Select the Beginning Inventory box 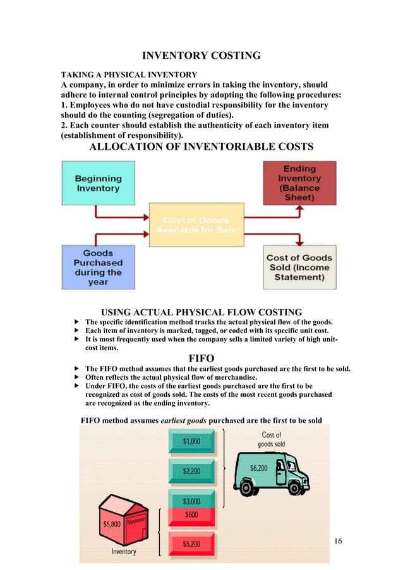(x=98, y=183)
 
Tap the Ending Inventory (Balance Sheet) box (x=299, y=183)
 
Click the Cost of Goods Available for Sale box (x=196, y=225)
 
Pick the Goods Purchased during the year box (x=98, y=267)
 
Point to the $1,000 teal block (x=192, y=442)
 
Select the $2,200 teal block (x=192, y=471)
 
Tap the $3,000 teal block (x=192, y=500)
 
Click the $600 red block (x=192, y=514)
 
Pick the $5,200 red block (x=192, y=543)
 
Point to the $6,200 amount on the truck (x=259, y=468)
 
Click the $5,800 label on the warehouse (x=112, y=524)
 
